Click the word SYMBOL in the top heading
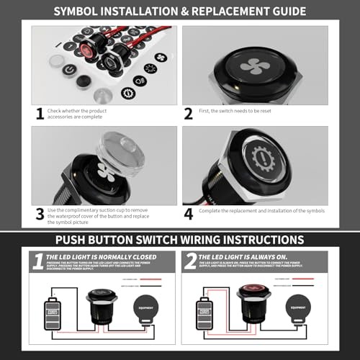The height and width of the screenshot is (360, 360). point(77,12)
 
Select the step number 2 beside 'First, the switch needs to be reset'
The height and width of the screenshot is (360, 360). point(189,113)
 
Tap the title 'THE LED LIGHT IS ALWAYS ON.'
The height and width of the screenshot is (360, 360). point(241,256)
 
